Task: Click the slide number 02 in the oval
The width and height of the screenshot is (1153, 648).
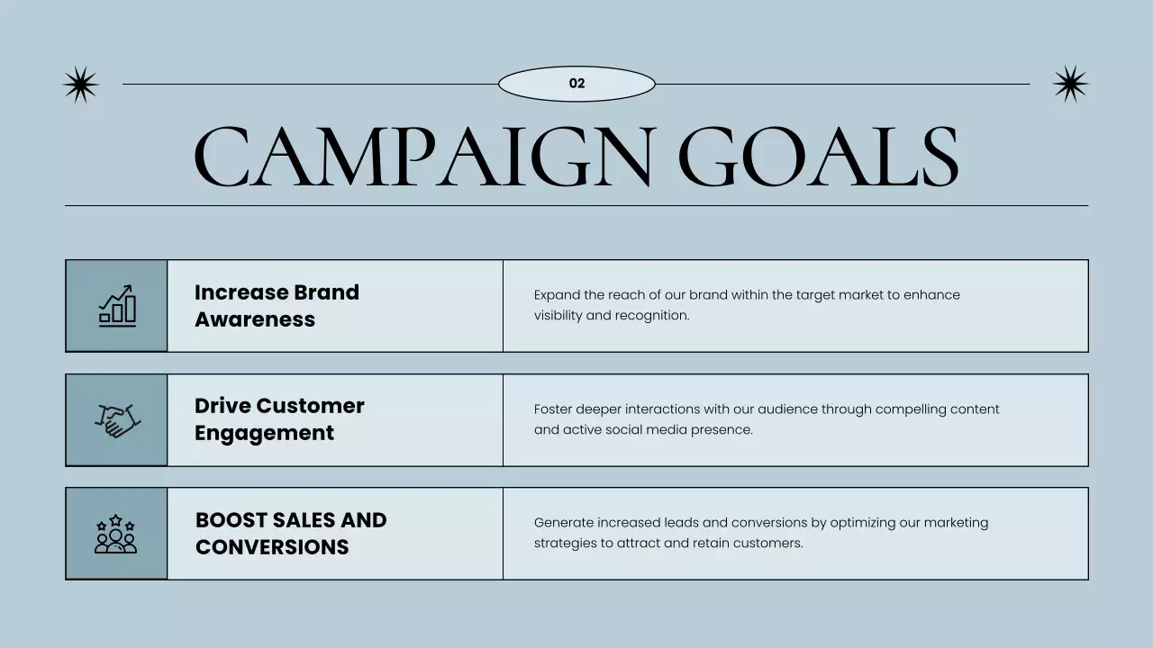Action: coord(576,84)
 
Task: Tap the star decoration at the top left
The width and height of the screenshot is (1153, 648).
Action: coord(80,85)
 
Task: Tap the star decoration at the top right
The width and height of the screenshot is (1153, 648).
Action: coord(1070,84)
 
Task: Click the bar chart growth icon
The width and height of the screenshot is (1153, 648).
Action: coord(117,305)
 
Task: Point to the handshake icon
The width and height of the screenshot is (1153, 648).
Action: coord(117,419)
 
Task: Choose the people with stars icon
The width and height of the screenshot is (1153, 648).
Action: coord(116,534)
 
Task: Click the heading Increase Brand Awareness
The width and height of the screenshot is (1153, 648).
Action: coord(277,305)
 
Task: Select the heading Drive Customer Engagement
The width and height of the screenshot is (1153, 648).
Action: coord(279,419)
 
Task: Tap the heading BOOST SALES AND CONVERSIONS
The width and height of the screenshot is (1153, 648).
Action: coord(291,534)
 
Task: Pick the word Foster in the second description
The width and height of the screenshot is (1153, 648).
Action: coord(552,409)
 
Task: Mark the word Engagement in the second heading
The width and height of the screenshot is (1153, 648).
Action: coord(264,433)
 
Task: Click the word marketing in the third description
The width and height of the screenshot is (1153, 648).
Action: coord(956,523)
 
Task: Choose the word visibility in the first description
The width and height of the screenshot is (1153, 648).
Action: coord(558,316)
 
